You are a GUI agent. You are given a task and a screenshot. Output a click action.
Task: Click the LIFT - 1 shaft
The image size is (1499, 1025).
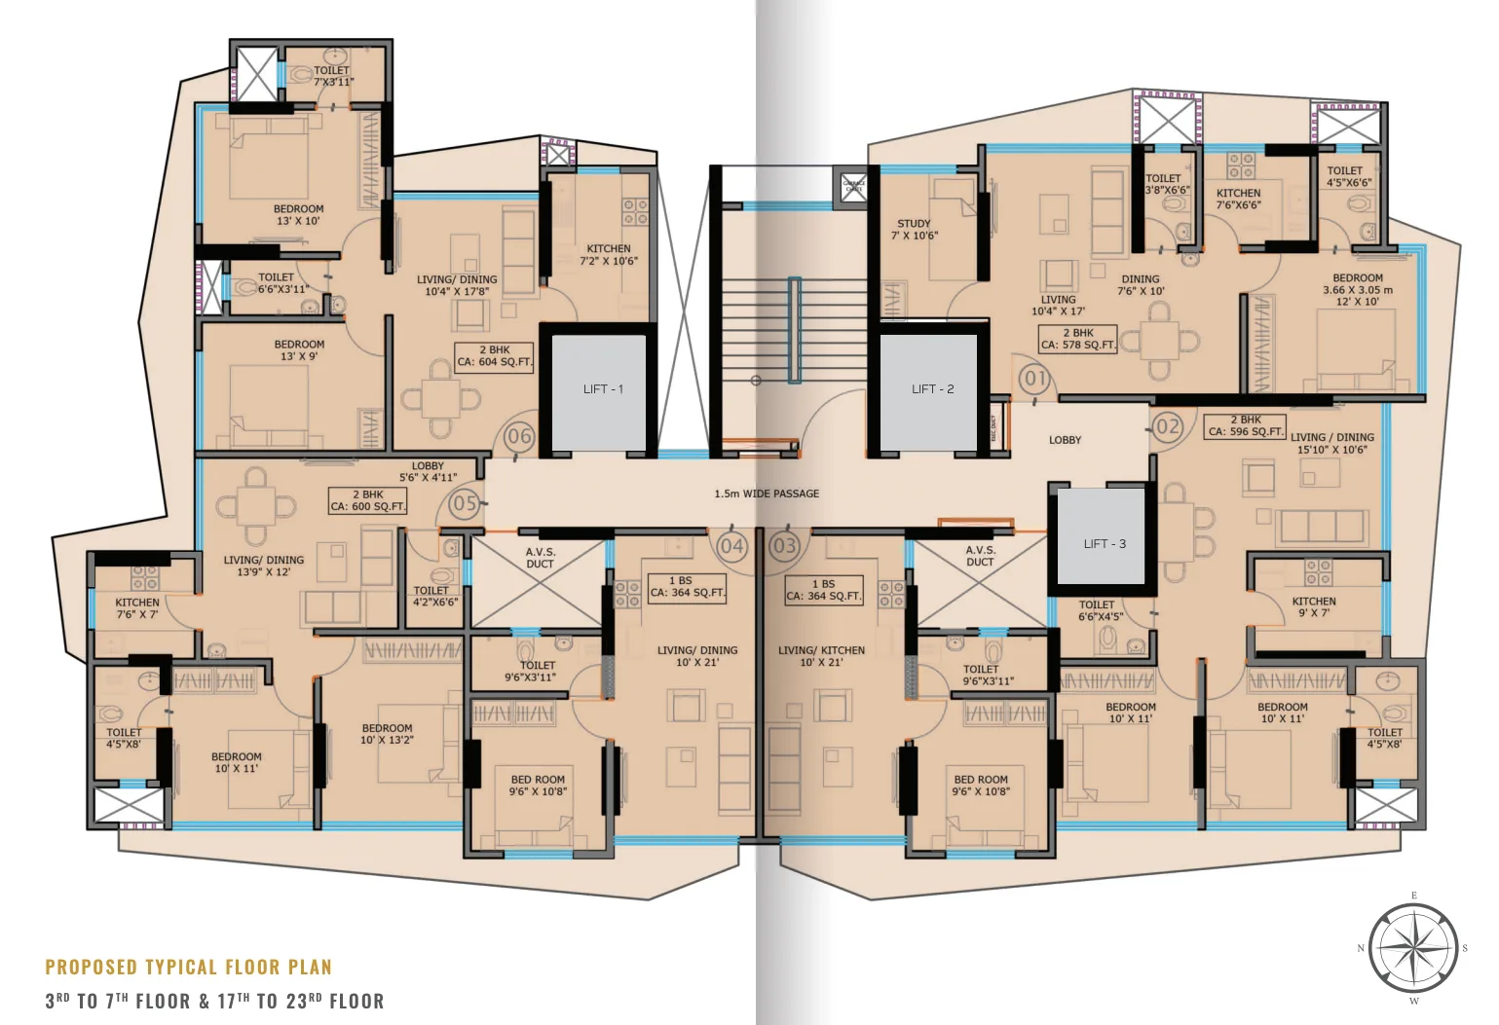point(602,390)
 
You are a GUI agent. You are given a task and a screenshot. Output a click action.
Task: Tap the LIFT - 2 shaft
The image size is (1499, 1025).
point(931,390)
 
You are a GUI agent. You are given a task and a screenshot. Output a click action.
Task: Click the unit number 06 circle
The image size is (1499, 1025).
point(519,437)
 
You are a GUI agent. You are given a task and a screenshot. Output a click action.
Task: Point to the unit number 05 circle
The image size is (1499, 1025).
point(465,503)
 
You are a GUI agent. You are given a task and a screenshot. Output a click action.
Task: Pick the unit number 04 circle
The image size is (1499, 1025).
point(731,546)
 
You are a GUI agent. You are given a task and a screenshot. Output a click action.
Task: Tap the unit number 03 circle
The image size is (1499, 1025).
point(784,546)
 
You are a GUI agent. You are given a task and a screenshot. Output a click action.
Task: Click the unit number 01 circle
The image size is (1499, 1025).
point(1034,379)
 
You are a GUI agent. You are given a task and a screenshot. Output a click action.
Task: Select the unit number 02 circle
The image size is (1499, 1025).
point(1167,426)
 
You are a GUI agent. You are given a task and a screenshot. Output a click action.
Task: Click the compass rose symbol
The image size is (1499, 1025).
point(1412,948)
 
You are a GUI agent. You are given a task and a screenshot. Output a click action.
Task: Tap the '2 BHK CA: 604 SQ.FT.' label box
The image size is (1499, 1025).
point(495,356)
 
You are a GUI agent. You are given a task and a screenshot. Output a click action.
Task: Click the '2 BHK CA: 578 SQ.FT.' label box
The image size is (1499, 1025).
point(1077,339)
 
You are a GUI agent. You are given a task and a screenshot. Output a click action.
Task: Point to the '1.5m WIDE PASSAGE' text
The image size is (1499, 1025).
point(767,494)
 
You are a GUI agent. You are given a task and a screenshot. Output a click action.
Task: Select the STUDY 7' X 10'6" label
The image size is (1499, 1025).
point(914,230)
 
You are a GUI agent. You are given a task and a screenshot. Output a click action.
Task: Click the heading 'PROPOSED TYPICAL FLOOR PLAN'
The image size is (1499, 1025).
point(189,968)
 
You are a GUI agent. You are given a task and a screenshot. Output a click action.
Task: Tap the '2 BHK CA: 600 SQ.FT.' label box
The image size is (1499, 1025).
point(367,500)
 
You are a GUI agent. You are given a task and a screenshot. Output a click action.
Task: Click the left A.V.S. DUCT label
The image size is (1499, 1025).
point(540,558)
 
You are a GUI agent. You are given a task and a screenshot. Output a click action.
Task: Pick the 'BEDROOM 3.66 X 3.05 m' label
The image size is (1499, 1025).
point(1357,290)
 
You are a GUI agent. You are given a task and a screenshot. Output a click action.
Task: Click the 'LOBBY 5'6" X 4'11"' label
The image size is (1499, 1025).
point(428,472)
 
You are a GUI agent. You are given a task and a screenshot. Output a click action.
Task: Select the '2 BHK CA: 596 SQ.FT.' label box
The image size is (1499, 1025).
point(1245,425)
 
